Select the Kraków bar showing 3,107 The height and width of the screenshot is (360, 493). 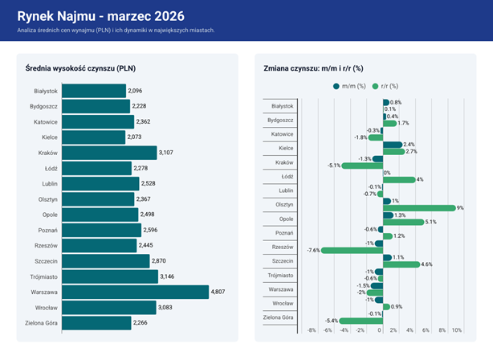[x=109, y=152]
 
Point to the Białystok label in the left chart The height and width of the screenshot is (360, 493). [x=46, y=91]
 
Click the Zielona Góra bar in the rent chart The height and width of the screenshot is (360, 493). [x=96, y=323]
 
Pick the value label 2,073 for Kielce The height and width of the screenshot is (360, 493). [x=136, y=137]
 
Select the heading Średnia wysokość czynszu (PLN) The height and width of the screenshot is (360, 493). [x=80, y=69]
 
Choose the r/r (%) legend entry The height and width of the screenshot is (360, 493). [x=388, y=86]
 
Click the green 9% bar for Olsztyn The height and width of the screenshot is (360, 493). [x=419, y=207]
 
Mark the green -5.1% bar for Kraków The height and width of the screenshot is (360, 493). [x=362, y=166]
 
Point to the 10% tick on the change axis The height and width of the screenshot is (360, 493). [x=456, y=330]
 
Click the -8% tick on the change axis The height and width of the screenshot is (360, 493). [x=311, y=330]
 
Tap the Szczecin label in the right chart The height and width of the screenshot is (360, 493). [x=282, y=260]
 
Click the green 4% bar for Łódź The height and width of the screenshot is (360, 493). [x=399, y=179]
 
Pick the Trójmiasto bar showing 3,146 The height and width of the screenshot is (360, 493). [x=110, y=276]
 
